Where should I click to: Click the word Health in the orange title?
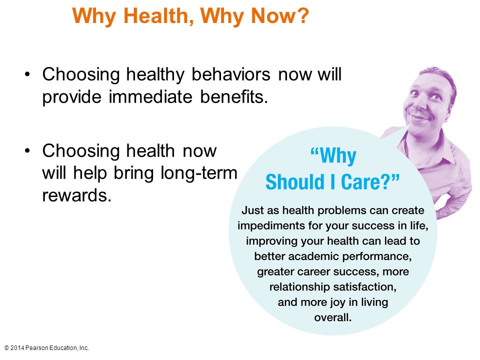pyautogui.click(x=158, y=15)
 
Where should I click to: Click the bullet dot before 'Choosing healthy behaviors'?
pyautogui.click(x=27, y=74)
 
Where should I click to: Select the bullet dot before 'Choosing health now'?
pyautogui.click(x=27, y=150)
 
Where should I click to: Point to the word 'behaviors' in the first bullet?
pyautogui.click(x=231, y=74)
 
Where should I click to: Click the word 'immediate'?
pyautogui.click(x=150, y=96)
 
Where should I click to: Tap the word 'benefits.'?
pyautogui.click(x=234, y=96)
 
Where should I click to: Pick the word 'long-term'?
pyautogui.click(x=199, y=173)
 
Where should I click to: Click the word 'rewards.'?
pyautogui.click(x=77, y=195)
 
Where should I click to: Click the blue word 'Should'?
pyautogui.click(x=295, y=181)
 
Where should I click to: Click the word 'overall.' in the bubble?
pyautogui.click(x=333, y=317)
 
